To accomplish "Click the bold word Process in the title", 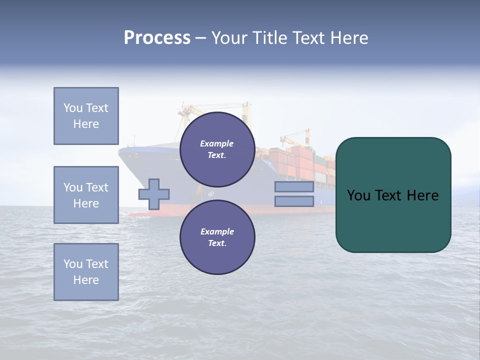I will [x=157, y=38].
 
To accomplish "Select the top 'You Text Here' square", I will [x=86, y=116].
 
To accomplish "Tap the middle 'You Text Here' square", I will [x=86, y=195].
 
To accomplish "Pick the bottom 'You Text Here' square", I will [x=86, y=272].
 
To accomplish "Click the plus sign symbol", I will [x=154, y=194].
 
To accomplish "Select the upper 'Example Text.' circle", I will [x=217, y=149].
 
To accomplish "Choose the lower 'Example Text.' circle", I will [x=217, y=237].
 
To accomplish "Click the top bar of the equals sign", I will [x=294, y=187].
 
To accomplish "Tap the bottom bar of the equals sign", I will [x=294, y=201].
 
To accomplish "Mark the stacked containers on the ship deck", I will [x=300, y=162].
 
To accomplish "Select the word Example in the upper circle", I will [x=217, y=143].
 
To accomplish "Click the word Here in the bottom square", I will [x=86, y=280].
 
